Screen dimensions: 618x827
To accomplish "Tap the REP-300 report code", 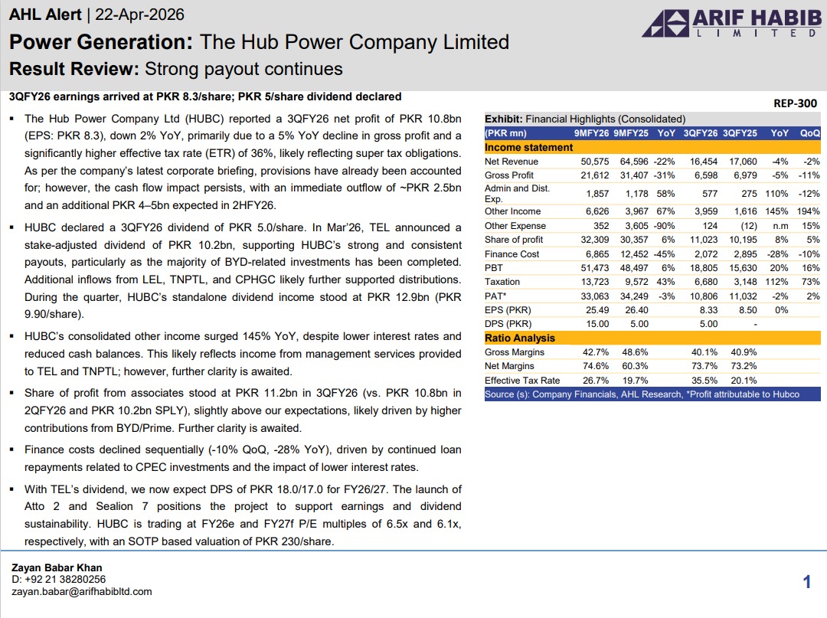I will (x=796, y=103).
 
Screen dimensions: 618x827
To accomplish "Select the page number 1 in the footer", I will (x=807, y=583).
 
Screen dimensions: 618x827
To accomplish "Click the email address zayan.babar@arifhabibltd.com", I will (x=82, y=591).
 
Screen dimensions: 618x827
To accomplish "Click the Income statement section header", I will (x=529, y=147).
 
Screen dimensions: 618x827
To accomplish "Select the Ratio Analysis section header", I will (x=520, y=338).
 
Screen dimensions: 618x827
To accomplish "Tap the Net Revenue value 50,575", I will (x=595, y=161).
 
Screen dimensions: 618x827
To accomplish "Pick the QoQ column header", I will (x=809, y=133).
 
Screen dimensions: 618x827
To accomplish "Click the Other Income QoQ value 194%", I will (x=808, y=211).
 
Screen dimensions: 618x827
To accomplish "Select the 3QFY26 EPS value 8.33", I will (x=704, y=310).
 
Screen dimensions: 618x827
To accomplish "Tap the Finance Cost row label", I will (x=512, y=253).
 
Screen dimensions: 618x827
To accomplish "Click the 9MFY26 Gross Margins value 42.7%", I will (x=595, y=352).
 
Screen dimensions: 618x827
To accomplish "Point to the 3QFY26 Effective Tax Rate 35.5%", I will (x=704, y=381).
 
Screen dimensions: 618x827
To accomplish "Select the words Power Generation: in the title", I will (x=101, y=41).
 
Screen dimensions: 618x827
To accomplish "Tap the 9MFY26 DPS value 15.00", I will (x=595, y=324).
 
